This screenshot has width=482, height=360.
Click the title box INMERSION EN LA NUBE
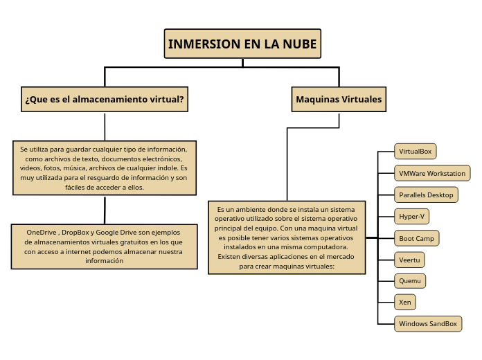[242, 44]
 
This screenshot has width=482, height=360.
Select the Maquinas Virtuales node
[339, 99]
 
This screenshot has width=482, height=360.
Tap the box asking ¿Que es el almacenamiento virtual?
[105, 99]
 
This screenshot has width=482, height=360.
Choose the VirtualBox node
[415, 151]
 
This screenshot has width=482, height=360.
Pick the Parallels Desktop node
[425, 195]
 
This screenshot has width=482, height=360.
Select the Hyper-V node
[411, 217]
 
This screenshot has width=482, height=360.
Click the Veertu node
[409, 260]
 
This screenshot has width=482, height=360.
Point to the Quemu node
[409, 281]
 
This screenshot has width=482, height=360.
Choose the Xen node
[404, 303]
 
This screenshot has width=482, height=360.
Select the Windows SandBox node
[427, 323]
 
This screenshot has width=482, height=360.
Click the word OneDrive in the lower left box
[42, 232]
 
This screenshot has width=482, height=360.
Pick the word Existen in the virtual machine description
[230, 256]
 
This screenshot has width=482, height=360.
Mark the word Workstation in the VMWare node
[446, 173]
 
